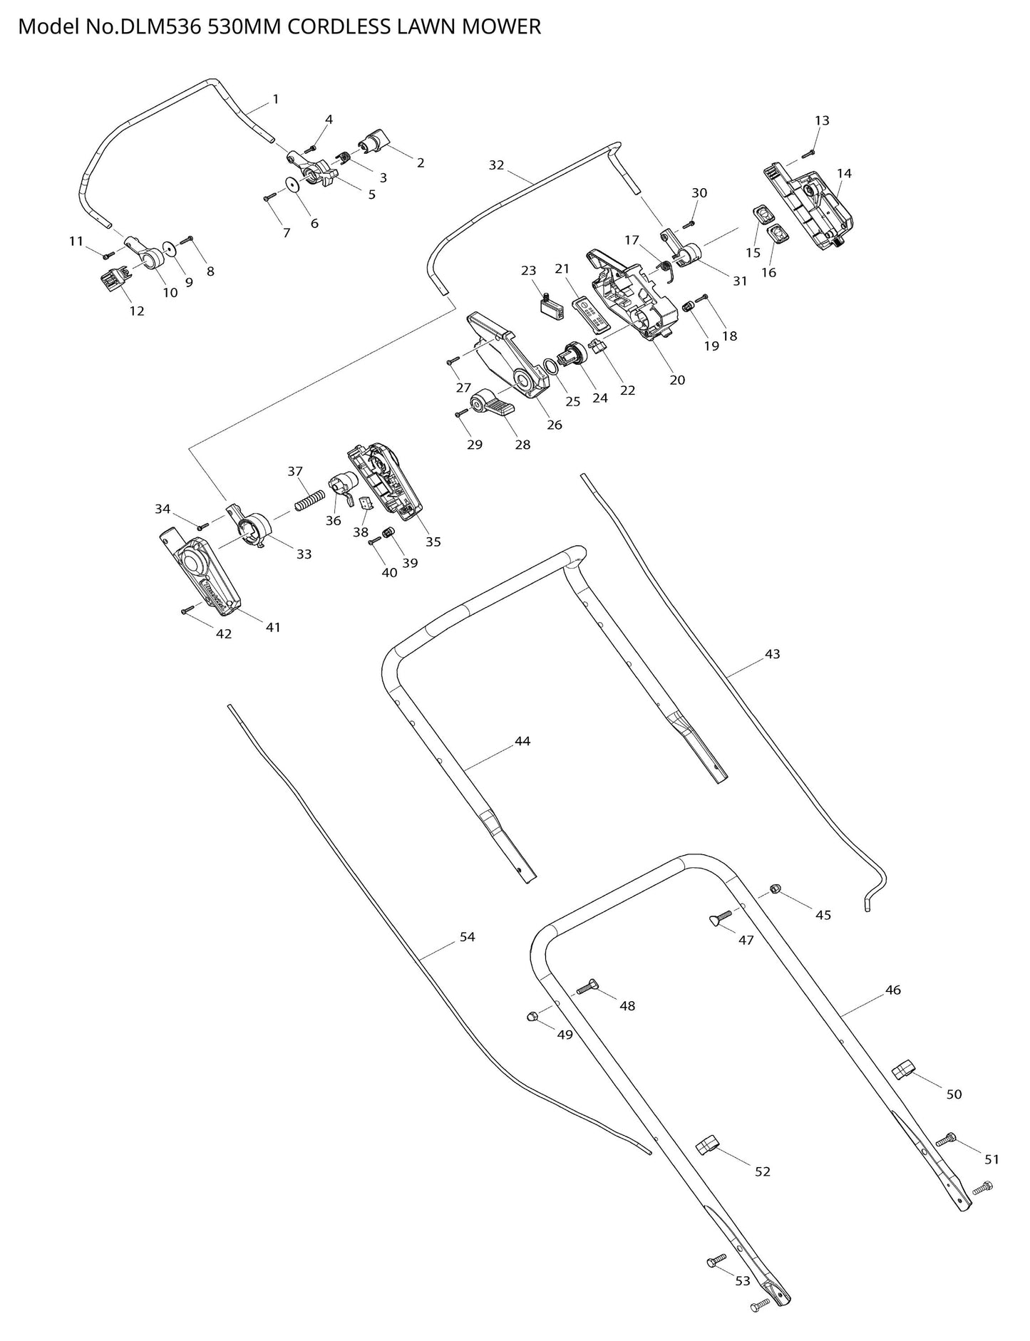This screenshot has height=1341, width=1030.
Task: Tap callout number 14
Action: click(844, 173)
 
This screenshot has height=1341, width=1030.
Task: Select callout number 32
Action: click(496, 165)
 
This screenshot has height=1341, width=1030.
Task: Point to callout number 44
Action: click(522, 741)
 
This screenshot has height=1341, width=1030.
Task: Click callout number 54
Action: click(467, 937)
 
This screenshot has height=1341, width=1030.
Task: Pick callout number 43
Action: click(772, 653)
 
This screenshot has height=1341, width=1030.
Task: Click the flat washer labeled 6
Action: click(293, 184)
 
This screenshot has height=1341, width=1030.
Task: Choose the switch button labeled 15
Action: click(763, 214)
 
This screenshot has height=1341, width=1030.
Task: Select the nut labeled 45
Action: click(776, 888)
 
